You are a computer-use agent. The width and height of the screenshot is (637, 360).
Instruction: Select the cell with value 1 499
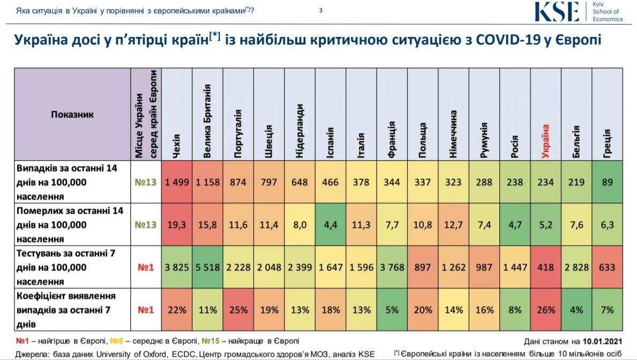[177, 182]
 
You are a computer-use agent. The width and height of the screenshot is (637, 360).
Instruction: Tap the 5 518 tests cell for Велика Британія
[207, 267]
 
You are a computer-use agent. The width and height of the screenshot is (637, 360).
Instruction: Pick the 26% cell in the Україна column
[545, 310]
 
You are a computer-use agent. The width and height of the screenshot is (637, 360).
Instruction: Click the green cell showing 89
[607, 182]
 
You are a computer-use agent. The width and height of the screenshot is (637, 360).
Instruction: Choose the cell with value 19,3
[177, 224]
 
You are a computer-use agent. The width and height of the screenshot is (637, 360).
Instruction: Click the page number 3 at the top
[320, 10]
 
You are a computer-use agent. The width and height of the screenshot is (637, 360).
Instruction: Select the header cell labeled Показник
[72, 114]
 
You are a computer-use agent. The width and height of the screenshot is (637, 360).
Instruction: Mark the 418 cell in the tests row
[545, 267]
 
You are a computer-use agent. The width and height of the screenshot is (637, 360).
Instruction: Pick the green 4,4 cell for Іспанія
[331, 224]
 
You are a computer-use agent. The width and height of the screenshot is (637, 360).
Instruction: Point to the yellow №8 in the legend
[116, 341]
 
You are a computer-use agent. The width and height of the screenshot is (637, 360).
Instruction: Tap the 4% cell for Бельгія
[576, 310]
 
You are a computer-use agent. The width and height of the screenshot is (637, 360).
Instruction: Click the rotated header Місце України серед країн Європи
[146, 124]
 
